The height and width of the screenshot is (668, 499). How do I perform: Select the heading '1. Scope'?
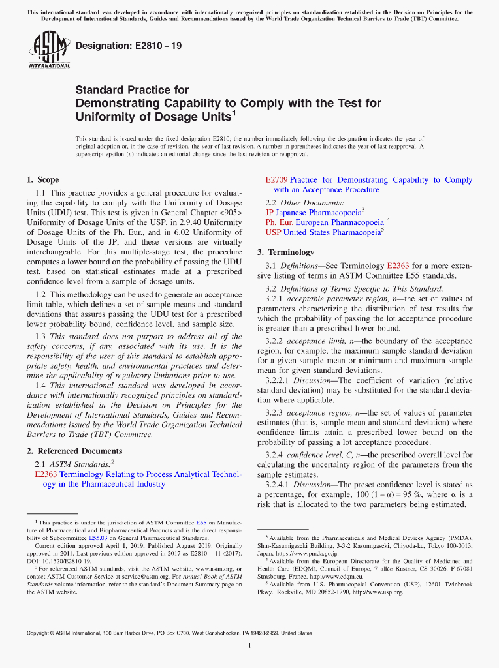click(x=42, y=179)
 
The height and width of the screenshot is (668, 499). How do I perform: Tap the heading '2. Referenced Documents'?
click(x=74, y=451)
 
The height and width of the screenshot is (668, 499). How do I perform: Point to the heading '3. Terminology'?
click(x=285, y=252)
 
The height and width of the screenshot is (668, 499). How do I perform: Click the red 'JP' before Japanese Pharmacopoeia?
click(x=269, y=212)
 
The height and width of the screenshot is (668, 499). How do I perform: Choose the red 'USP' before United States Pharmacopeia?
click(x=273, y=232)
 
